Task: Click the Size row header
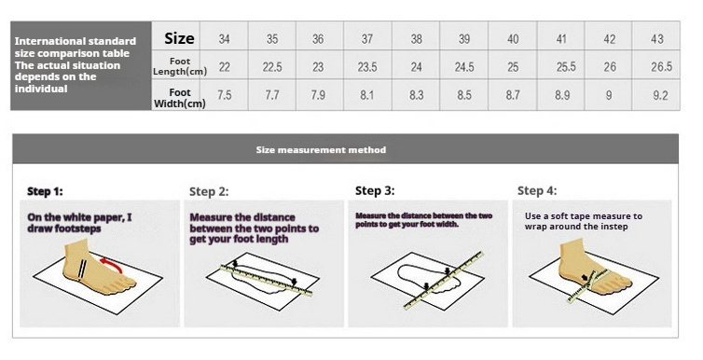(x=179, y=38)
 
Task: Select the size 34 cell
(x=224, y=39)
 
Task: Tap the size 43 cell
(x=656, y=39)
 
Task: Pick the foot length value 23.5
(x=367, y=67)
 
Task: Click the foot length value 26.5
(x=661, y=67)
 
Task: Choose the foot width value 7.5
(x=224, y=95)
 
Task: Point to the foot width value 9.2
(x=660, y=95)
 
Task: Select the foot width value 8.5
(x=464, y=95)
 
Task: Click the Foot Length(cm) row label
(x=180, y=66)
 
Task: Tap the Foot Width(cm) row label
(x=180, y=98)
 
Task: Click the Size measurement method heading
(x=321, y=150)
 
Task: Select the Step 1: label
(x=45, y=191)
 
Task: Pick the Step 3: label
(x=375, y=191)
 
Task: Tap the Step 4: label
(x=537, y=191)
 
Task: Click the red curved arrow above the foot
(x=112, y=263)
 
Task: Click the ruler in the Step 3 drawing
(x=444, y=281)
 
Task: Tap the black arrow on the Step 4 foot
(x=585, y=278)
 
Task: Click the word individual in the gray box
(x=41, y=89)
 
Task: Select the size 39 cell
(x=464, y=39)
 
